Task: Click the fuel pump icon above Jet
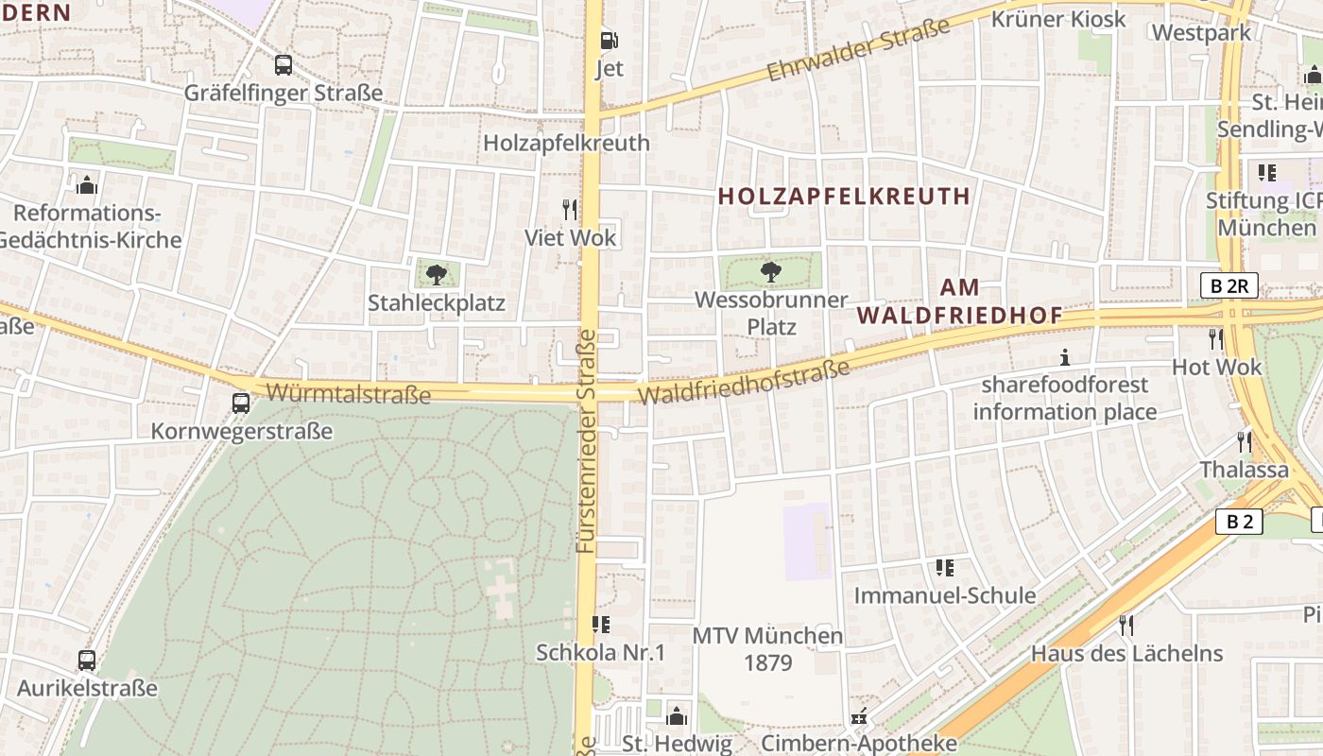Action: pos(610,41)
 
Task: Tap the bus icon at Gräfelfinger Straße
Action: pos(283,65)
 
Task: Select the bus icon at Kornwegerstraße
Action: pos(241,404)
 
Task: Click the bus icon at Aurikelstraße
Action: pos(87,661)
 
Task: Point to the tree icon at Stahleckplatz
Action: pos(436,275)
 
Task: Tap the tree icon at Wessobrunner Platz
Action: pos(771,272)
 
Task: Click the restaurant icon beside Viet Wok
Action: pos(569,209)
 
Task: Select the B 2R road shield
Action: pos(1228,285)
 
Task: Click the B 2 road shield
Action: pos(1239,521)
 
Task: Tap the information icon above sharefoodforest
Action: pos(1065,357)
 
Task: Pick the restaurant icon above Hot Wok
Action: pos(1216,339)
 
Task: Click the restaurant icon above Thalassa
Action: pos(1245,442)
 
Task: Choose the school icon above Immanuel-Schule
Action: pos(944,568)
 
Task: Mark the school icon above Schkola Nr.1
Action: pos(600,625)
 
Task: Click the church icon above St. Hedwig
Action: pos(677,715)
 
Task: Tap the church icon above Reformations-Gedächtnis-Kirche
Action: pos(87,184)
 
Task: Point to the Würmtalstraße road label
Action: pos(349,393)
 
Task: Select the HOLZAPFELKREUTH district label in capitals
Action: pos(844,197)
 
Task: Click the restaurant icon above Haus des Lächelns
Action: pos(1125,625)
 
